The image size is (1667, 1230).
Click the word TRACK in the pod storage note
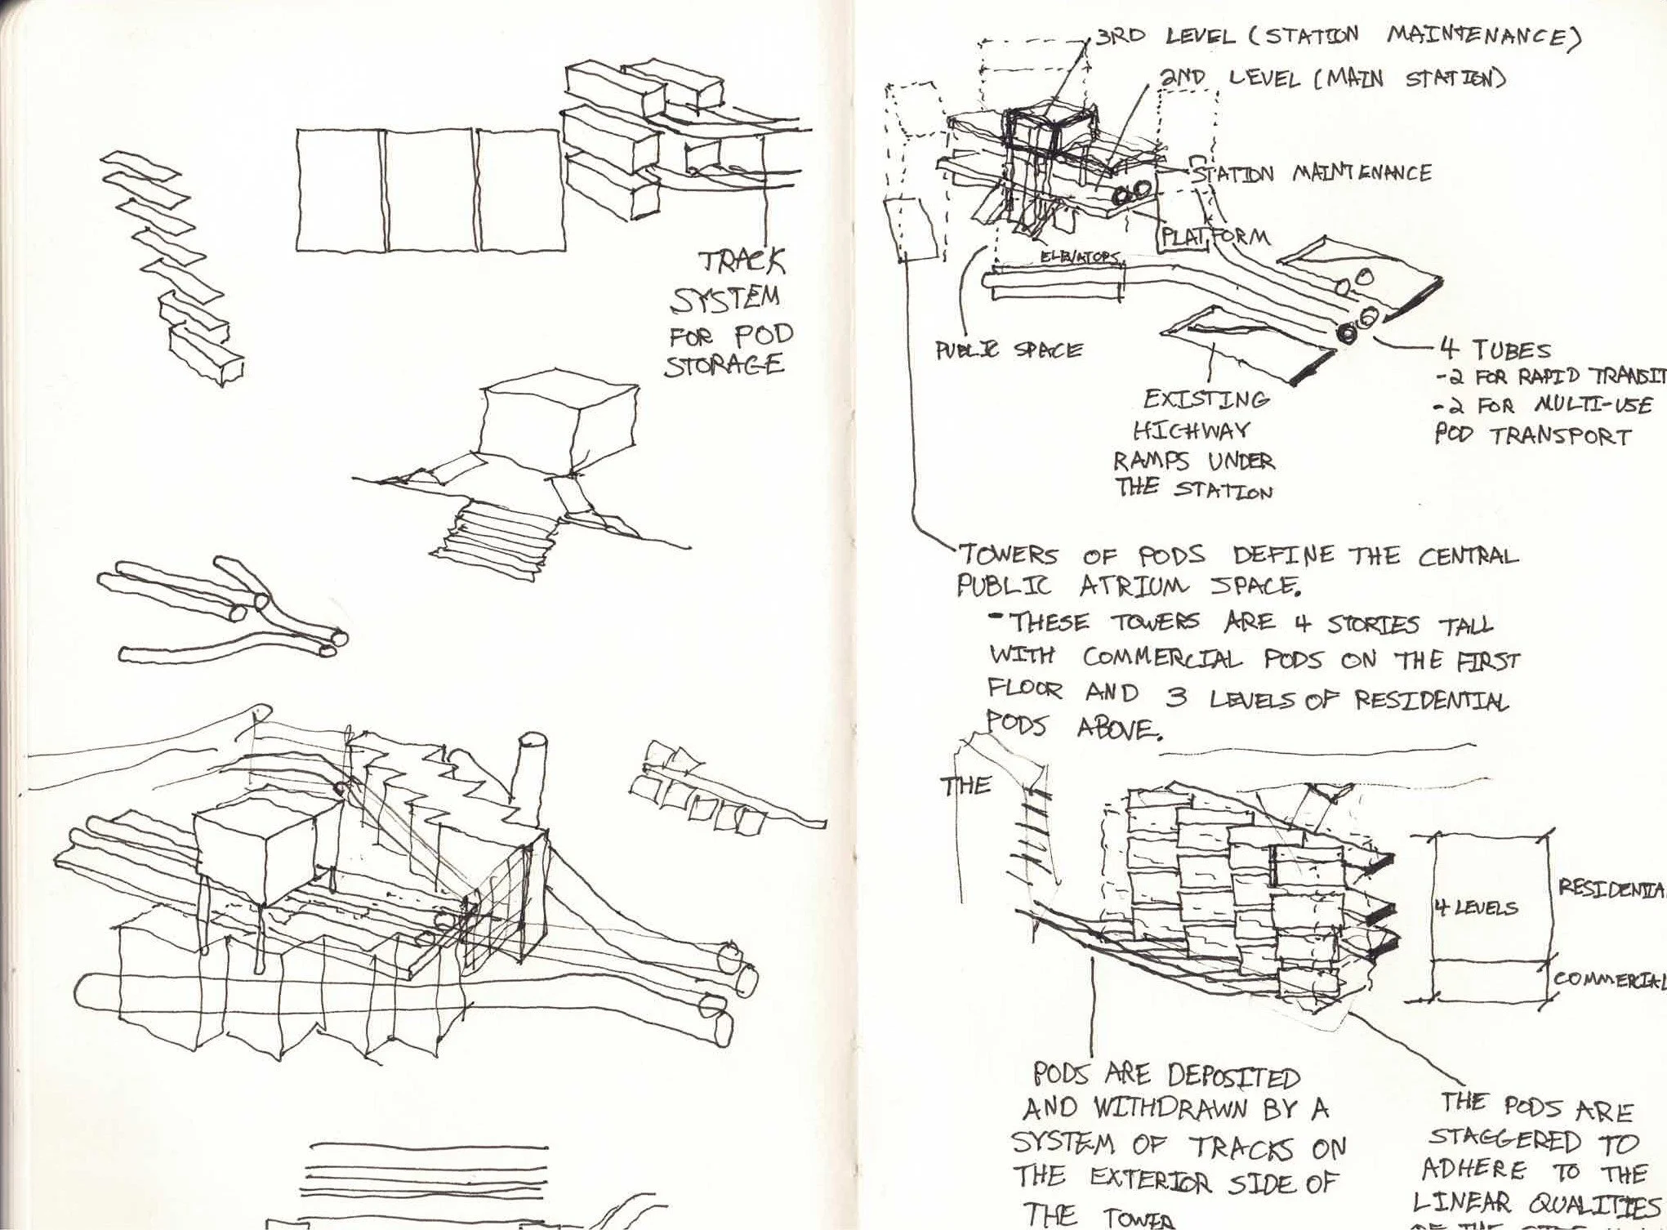point(742,264)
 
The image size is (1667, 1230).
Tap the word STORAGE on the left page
point(723,364)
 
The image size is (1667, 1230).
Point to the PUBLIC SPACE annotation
point(1009,350)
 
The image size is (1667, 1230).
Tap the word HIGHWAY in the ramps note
point(1191,430)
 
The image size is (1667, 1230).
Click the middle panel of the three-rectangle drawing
point(430,189)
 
